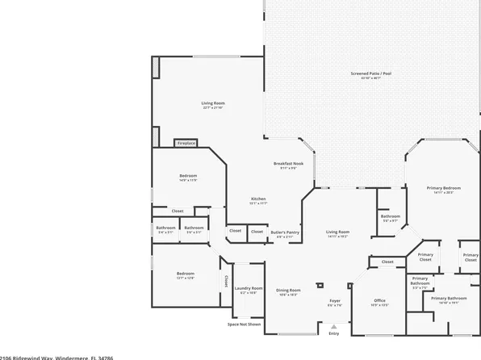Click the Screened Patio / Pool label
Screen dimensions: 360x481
tap(370, 73)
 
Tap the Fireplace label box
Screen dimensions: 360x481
tap(186, 144)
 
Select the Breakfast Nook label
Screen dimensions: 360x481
tap(287, 164)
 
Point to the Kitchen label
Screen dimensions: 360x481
tap(258, 199)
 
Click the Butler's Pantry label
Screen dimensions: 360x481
tap(284, 232)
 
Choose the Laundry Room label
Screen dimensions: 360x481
tap(248, 288)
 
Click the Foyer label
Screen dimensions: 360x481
tap(335, 302)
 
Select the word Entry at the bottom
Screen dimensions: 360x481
tap(334, 333)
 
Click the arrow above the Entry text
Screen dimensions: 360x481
tap(334, 326)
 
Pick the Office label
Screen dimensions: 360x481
tap(379, 302)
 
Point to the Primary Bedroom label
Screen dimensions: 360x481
tap(444, 188)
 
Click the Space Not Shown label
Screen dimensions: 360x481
tap(244, 324)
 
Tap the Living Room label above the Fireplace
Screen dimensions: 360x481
tap(212, 103)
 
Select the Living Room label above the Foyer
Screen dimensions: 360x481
tap(337, 232)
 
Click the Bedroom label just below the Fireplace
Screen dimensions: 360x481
tap(188, 175)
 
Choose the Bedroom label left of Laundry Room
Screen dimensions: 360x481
tap(185, 274)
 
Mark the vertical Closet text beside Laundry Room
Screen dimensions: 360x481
tap(225, 280)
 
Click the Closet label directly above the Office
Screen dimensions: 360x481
tap(387, 262)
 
